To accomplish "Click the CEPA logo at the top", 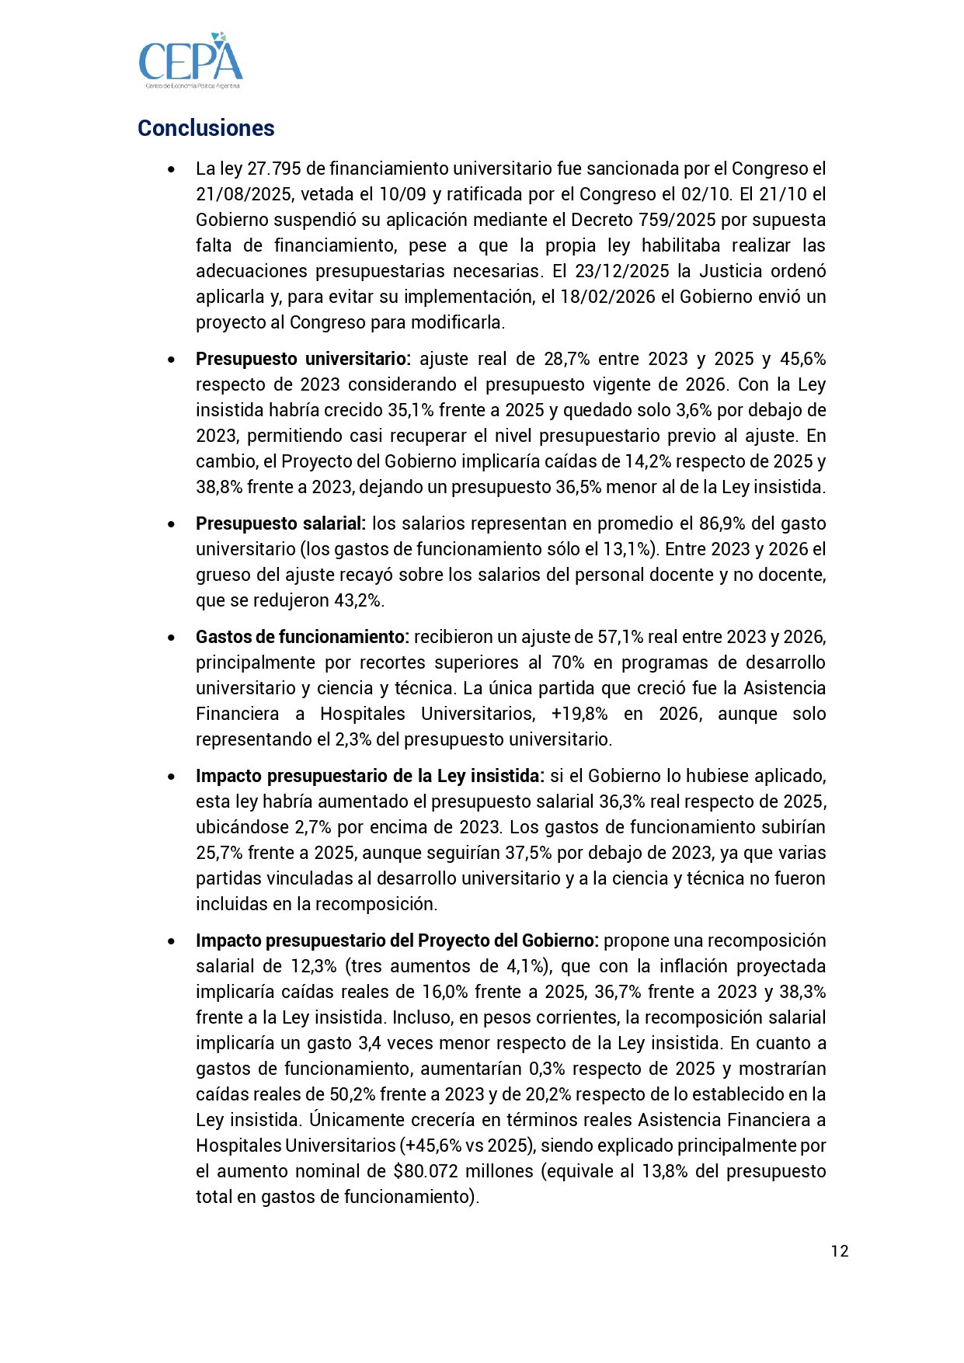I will pos(190,61).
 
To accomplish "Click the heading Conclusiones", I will pos(206,128).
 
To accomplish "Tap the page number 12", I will pos(840,1250).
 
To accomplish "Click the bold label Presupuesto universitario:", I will pos(303,359).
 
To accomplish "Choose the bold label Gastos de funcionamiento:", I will pos(302,637).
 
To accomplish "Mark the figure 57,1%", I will pos(620,637).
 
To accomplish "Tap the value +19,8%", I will pos(579,714).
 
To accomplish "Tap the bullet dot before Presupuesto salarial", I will pos(171,524).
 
